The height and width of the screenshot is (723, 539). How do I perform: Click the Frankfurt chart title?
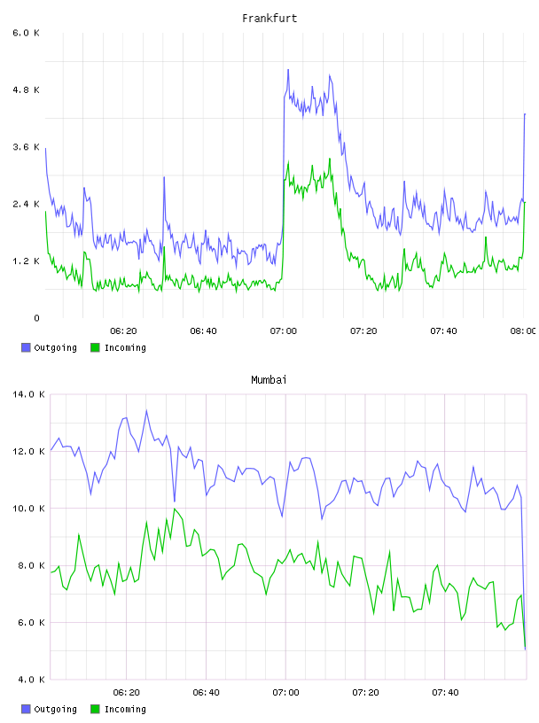click(269, 19)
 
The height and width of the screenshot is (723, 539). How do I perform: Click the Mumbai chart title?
click(269, 380)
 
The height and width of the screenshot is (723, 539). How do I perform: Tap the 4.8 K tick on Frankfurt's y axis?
click(26, 89)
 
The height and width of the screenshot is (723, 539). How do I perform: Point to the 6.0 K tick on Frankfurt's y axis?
click(26, 33)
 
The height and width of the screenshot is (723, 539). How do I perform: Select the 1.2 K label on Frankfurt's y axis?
click(26, 261)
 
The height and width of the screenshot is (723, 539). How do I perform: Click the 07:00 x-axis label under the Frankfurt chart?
click(284, 331)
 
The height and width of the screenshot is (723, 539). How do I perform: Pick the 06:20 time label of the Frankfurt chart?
click(123, 331)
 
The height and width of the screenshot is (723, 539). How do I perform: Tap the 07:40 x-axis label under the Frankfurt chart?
click(443, 331)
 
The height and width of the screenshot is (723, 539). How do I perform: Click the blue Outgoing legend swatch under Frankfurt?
click(26, 347)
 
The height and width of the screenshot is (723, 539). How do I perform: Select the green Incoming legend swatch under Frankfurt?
click(95, 347)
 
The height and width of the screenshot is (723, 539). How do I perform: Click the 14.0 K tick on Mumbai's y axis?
click(28, 394)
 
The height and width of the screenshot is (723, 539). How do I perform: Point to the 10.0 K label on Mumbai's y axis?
click(28, 509)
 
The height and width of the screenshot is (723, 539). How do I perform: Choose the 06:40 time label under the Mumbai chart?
click(206, 693)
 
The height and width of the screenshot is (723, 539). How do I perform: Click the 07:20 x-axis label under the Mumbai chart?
click(365, 693)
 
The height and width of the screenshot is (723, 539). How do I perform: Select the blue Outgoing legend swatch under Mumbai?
click(26, 709)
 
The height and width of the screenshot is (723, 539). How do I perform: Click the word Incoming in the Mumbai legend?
click(125, 709)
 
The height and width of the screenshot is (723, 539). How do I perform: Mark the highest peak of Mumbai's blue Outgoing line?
click(147, 410)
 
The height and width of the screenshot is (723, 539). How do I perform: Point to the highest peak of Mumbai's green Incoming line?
click(175, 509)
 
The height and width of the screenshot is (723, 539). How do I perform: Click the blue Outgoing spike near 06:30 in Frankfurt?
click(164, 177)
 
